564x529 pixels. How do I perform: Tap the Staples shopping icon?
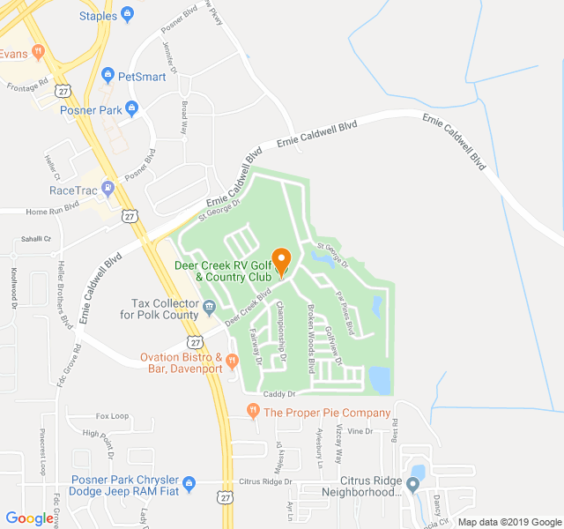click(128, 15)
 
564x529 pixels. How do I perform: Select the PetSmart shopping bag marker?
click(108, 76)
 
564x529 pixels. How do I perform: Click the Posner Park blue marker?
click(131, 109)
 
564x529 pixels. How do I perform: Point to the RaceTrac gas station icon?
click(108, 187)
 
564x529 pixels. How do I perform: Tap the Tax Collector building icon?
click(210, 307)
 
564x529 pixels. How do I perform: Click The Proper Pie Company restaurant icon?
click(252, 411)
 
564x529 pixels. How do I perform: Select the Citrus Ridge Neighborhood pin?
click(412, 483)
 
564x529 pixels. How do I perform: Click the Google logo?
click(29, 518)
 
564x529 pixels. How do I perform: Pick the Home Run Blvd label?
click(52, 212)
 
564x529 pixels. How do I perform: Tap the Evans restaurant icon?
click(38, 52)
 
